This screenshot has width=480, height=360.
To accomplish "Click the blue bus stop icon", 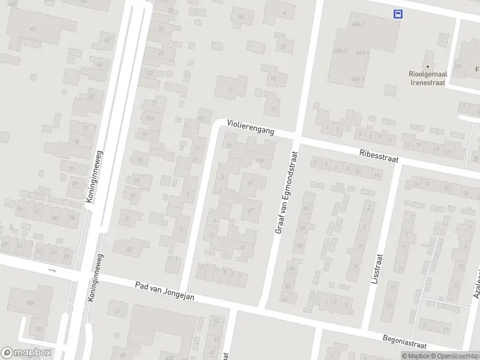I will (397, 14).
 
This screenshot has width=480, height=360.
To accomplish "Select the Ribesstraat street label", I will (380, 154).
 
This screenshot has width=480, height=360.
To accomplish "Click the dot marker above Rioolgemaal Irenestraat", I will (428, 67).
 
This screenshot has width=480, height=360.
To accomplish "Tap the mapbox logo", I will (27, 353).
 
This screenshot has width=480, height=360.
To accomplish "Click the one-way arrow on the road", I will (52, 271).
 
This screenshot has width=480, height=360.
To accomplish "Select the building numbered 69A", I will (260, 160).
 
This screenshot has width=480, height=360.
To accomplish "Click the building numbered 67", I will (251, 209).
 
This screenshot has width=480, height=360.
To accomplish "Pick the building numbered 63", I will (242, 246).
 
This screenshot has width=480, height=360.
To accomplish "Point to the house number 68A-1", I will (359, 23).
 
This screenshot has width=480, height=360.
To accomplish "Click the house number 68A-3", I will (358, 79).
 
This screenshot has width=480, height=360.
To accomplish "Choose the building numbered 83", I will (130, 248).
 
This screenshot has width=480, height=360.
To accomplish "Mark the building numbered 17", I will (230, 89).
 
